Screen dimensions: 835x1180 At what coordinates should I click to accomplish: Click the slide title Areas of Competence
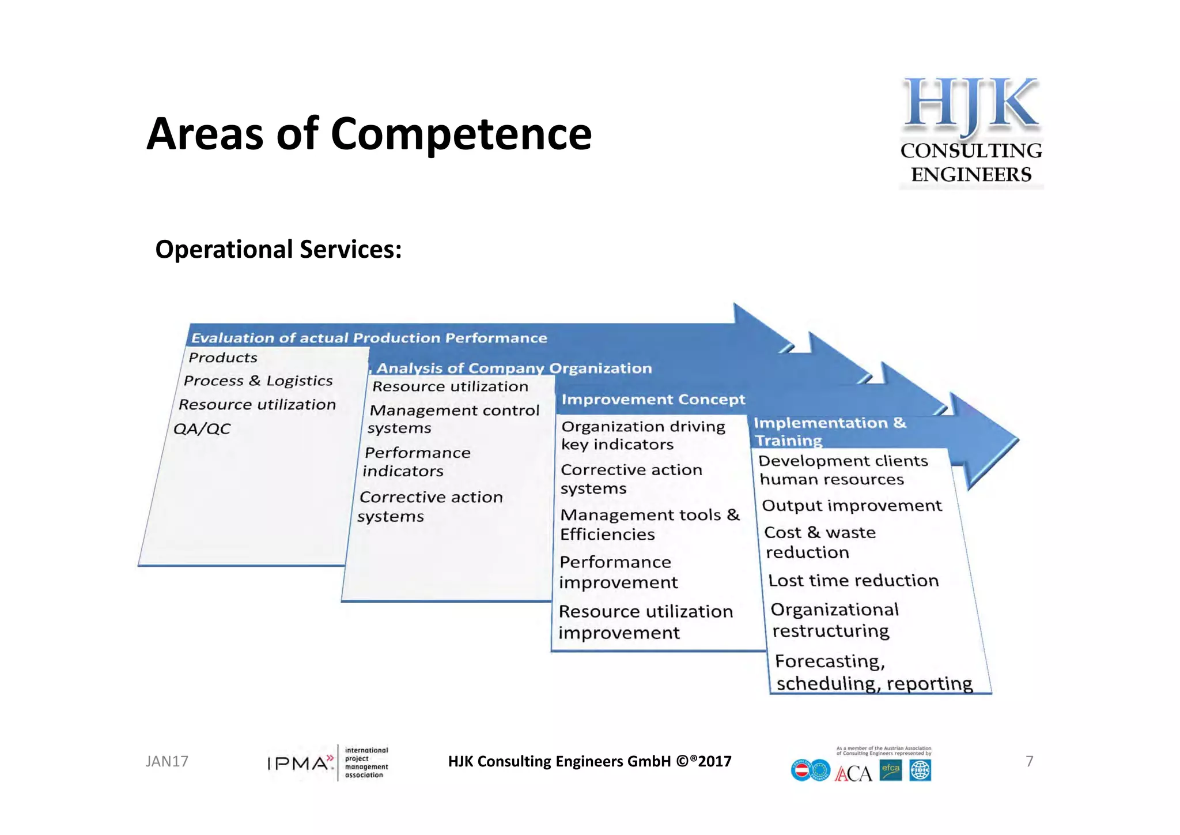coord(369,134)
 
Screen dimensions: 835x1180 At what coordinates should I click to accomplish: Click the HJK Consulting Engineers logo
coord(971,131)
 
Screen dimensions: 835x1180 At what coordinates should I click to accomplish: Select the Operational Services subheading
coord(278,250)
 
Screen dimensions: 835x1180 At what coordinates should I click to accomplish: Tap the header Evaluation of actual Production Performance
coord(369,338)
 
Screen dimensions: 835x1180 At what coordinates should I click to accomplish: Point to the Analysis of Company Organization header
coord(514,368)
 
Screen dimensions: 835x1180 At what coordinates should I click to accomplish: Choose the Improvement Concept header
coord(653,400)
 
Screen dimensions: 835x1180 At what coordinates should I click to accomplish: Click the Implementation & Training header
coord(830,431)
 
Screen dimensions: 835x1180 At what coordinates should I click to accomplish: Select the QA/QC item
coord(202,429)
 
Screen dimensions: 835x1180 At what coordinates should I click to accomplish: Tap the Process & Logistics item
coord(258,381)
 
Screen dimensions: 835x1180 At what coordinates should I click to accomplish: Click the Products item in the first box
coord(223,358)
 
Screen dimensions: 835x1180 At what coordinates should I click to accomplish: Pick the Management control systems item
coord(453,419)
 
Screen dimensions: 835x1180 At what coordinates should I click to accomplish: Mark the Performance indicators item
coord(417,462)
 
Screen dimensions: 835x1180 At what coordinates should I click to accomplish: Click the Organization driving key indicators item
coord(642,435)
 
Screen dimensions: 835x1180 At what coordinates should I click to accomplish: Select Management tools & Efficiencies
coord(649,524)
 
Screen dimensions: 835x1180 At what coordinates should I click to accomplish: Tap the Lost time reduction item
coord(853,581)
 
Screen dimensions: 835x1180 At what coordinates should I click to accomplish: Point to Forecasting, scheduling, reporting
coord(873,672)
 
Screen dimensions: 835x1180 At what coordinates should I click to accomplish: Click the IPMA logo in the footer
coord(327,763)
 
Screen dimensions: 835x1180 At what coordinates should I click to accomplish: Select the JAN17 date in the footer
coord(167,762)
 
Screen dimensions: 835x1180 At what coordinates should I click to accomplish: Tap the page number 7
coord(1029,762)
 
